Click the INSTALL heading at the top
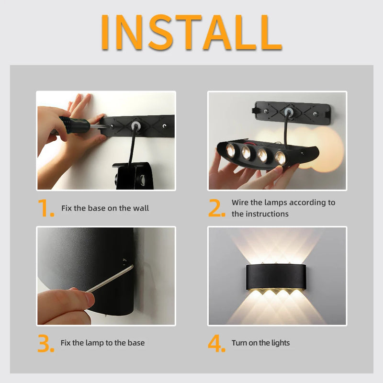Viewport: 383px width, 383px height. click(x=191, y=32)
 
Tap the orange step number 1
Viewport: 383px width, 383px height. click(x=46, y=209)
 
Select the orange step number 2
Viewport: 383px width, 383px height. click(x=216, y=209)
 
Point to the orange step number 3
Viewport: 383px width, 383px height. click(x=46, y=343)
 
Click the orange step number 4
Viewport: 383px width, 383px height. click(x=216, y=343)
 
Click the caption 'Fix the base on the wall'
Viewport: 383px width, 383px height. click(x=105, y=208)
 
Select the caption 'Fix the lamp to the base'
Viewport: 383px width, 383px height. click(x=102, y=343)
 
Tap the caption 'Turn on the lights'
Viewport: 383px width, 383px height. click(x=260, y=343)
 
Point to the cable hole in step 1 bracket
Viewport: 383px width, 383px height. click(x=135, y=125)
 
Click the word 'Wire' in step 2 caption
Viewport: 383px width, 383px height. click(x=240, y=203)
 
